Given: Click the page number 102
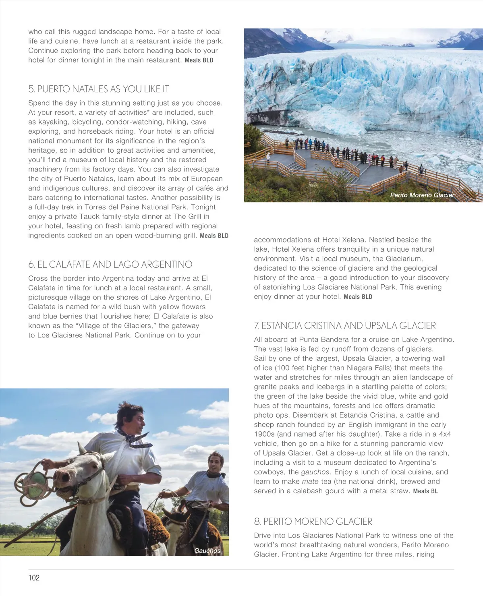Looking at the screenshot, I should pyautogui.click(x=34, y=577).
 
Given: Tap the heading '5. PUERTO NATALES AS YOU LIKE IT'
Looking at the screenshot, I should pyautogui.click(x=99, y=89).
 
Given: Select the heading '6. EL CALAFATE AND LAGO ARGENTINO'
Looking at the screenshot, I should pyautogui.click(x=110, y=265).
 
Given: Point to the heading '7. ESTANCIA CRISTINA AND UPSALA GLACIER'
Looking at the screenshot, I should pyautogui.click(x=345, y=325).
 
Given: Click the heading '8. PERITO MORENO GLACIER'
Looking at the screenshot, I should pyautogui.click(x=313, y=521).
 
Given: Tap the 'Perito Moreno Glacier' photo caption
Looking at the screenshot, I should pyautogui.click(x=422, y=195).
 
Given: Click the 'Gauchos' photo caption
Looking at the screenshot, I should pyautogui.click(x=207, y=550).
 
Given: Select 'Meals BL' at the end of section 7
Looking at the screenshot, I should pyautogui.click(x=425, y=491).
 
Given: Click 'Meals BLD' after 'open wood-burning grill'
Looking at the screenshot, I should pyautogui.click(x=214, y=236).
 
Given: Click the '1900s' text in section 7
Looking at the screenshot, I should pyautogui.click(x=263, y=434).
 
